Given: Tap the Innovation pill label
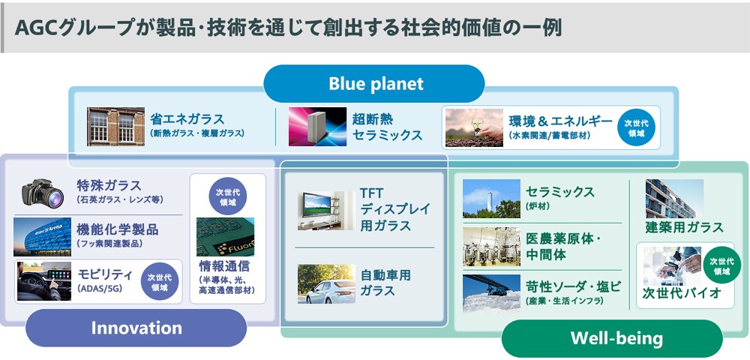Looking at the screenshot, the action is (136, 328).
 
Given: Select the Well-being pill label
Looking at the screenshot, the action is (616, 338).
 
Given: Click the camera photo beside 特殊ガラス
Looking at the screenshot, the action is (43, 193).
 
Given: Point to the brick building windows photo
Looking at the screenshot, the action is (115, 127).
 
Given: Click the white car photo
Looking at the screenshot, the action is (326, 284).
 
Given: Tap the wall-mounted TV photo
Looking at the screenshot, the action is (326, 211).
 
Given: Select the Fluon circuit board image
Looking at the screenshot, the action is (225, 237).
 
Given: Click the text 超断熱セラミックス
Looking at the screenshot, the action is (388, 127).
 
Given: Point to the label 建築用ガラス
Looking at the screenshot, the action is (685, 227).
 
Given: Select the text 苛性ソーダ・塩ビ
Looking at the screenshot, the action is (574, 286).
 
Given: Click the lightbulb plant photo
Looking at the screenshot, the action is (474, 127).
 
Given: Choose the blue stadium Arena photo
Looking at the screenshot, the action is (42, 237).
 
